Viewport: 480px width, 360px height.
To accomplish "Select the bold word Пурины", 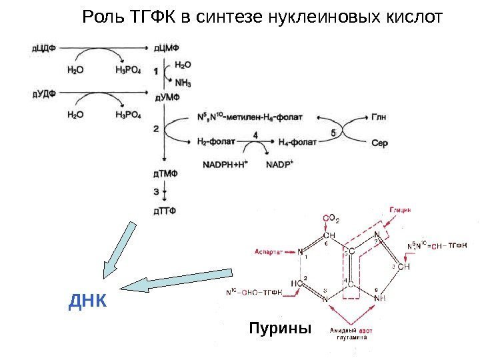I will [280, 329].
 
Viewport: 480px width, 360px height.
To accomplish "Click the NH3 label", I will [183, 83].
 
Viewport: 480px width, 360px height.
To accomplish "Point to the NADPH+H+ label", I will [224, 164].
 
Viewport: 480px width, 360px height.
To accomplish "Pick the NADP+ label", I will [280, 164].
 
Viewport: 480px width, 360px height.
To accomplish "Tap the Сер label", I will [379, 143].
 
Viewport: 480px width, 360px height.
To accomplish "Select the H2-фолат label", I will [219, 142].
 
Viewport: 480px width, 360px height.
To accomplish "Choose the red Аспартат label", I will [268, 252].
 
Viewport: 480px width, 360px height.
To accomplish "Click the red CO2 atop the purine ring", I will [331, 217].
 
